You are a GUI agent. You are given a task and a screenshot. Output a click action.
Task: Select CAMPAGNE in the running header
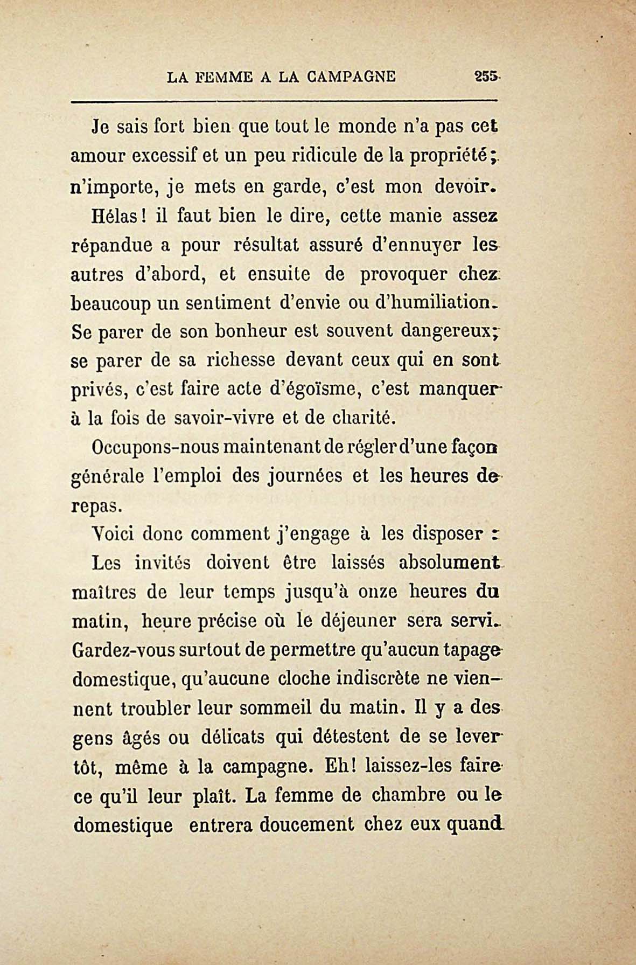pyautogui.click(x=351, y=77)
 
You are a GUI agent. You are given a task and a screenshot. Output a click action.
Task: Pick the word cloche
pyautogui.click(x=301, y=678)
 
